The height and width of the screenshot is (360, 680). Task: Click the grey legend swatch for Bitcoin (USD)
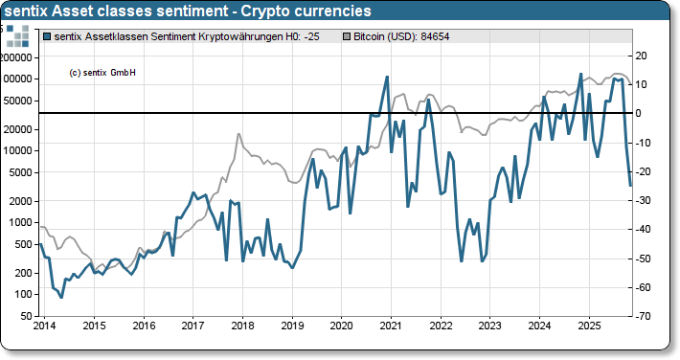(x=349, y=36)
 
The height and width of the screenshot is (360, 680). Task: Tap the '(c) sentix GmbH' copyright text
(x=102, y=73)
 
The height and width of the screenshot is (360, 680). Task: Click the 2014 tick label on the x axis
(x=44, y=326)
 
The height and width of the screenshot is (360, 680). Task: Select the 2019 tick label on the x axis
(x=291, y=326)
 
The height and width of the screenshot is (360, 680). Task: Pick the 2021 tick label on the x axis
(x=391, y=326)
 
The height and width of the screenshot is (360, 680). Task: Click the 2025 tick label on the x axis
(x=588, y=326)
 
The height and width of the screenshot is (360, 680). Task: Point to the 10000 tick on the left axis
(x=21, y=151)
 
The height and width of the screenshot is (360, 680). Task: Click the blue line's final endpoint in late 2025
(x=630, y=186)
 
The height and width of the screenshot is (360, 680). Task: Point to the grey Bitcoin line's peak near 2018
(x=238, y=134)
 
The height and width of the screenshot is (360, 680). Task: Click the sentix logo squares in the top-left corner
(x=18, y=36)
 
